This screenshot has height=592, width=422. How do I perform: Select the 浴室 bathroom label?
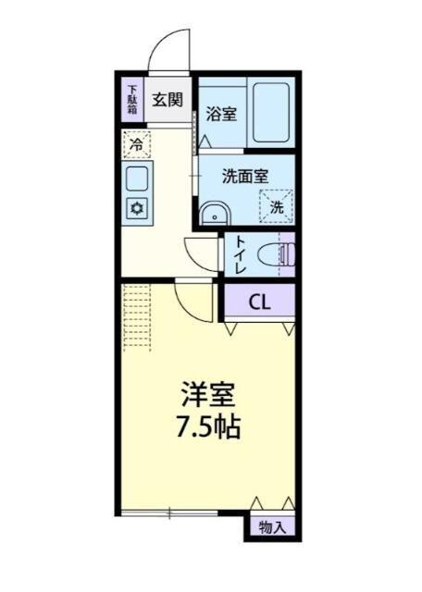click(x=220, y=116)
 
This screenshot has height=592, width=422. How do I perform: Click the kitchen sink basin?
click(x=136, y=178)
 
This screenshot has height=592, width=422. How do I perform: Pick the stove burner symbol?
click(x=136, y=208)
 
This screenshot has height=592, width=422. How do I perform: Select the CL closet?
click(x=260, y=301)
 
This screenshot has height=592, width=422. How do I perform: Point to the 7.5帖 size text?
click(x=207, y=428)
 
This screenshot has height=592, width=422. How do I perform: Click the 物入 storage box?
click(x=273, y=528)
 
